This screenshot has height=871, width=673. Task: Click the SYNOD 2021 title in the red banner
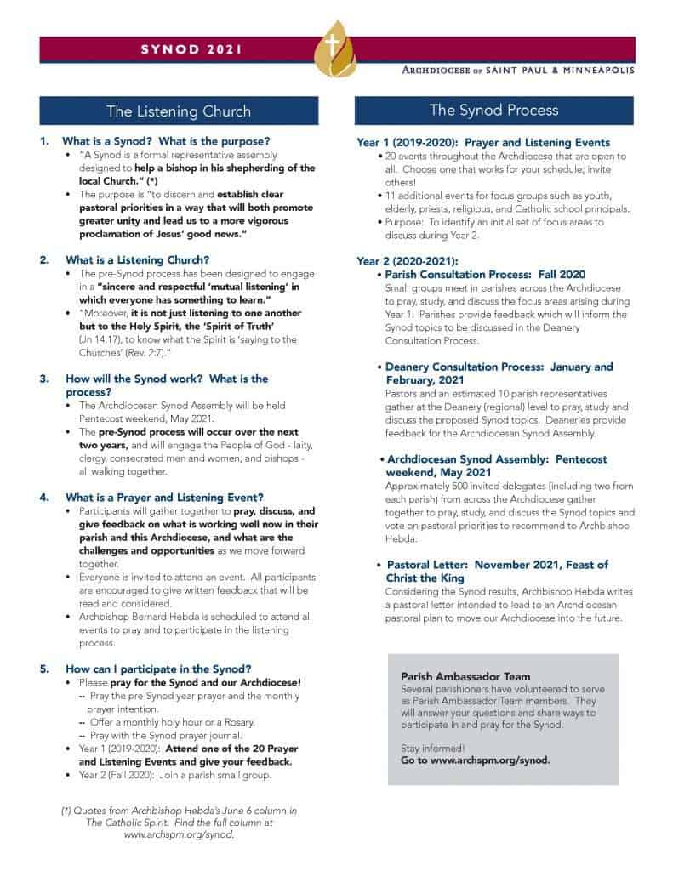[191, 49]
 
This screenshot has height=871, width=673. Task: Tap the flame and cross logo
[337, 50]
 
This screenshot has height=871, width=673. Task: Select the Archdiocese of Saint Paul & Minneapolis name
[519, 70]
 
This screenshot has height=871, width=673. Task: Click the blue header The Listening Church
[179, 111]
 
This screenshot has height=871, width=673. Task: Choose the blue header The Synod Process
[493, 110]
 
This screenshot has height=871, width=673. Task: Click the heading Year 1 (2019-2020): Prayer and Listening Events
[482, 142]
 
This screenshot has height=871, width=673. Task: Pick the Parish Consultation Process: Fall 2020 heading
[485, 275]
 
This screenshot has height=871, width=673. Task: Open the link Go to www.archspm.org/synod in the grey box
[475, 760]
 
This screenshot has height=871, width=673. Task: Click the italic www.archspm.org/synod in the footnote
[179, 835]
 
